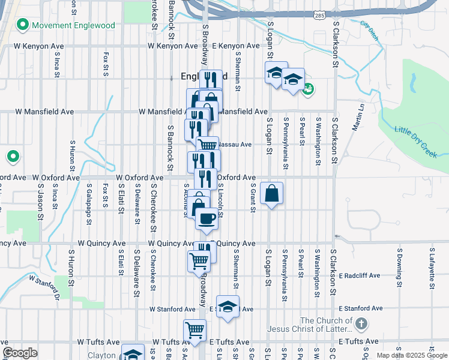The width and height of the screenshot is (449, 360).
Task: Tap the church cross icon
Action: [361, 325]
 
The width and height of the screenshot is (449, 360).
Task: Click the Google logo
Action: [19, 353]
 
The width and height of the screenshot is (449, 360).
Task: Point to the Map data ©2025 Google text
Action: [412, 355]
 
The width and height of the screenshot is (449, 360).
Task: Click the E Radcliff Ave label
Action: [360, 276]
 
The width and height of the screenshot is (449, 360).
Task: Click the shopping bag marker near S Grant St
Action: [271, 193]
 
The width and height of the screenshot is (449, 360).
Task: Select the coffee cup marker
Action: [207, 218]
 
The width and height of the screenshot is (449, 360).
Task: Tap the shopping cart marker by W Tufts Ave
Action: [194, 330]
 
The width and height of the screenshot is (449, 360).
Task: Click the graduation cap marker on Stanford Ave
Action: [228, 307]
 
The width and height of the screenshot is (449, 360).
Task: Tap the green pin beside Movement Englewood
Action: [23, 25]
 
